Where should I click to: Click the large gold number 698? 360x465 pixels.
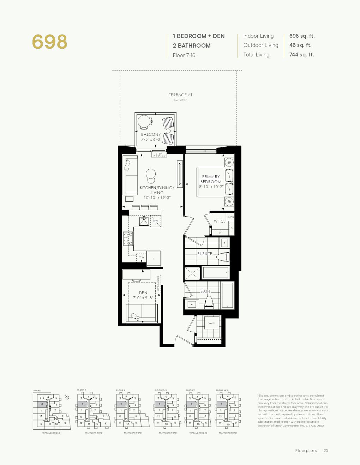(x=49, y=42)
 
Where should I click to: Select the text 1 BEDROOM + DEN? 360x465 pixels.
(x=198, y=36)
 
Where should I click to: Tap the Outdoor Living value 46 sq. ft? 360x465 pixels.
(x=300, y=45)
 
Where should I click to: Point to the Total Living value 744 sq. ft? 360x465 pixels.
(x=301, y=55)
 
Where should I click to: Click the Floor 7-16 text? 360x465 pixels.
(x=184, y=55)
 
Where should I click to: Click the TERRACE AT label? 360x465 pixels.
(x=180, y=95)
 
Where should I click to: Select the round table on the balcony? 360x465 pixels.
(x=145, y=122)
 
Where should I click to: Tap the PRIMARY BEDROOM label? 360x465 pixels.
(x=211, y=179)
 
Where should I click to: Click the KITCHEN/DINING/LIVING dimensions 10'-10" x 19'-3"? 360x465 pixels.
(x=157, y=198)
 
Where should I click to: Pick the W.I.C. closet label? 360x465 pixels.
(x=219, y=221)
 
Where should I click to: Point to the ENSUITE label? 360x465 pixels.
(x=205, y=254)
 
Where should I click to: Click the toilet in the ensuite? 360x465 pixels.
(x=223, y=257)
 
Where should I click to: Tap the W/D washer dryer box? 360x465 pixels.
(x=211, y=323)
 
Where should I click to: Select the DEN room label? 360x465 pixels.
(x=143, y=293)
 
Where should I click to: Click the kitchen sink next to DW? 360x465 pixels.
(x=144, y=221)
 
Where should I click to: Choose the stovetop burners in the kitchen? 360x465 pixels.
(x=127, y=239)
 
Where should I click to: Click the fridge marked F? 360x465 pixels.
(x=154, y=259)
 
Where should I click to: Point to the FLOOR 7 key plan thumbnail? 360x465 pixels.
(x=51, y=411)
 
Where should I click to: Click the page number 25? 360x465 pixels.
(x=326, y=451)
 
